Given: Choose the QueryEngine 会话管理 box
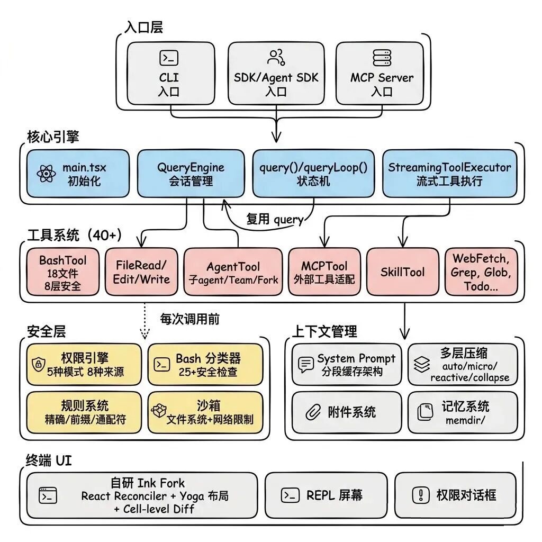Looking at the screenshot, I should [191, 174].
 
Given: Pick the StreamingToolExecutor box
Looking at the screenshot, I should [449, 174].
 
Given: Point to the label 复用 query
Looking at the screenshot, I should [275, 219].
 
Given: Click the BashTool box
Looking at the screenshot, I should [62, 272].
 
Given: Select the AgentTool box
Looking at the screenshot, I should [233, 272].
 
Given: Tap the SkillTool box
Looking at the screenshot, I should [402, 272].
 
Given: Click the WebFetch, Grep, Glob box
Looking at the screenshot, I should [481, 272].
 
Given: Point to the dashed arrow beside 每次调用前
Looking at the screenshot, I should [144, 322].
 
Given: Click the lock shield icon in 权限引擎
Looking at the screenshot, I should [38, 364].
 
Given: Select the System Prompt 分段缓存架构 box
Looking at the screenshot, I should [347, 364].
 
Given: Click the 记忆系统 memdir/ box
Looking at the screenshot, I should [463, 412].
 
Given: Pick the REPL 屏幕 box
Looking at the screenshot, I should [323, 495].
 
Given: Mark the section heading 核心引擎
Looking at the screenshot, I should [53, 137].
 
